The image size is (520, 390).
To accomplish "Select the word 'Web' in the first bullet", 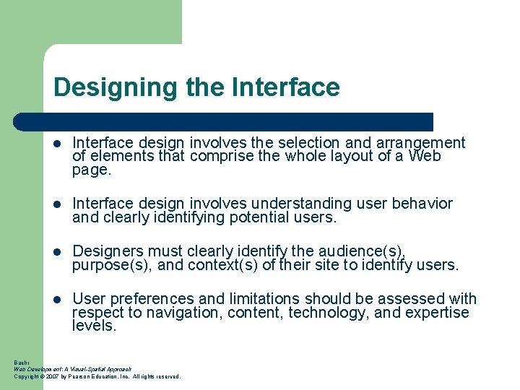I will point(425,156).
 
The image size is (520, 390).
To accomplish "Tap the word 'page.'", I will point(92,171).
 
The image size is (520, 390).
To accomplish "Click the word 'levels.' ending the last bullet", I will point(94,326).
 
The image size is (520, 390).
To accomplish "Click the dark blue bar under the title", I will point(238,121).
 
